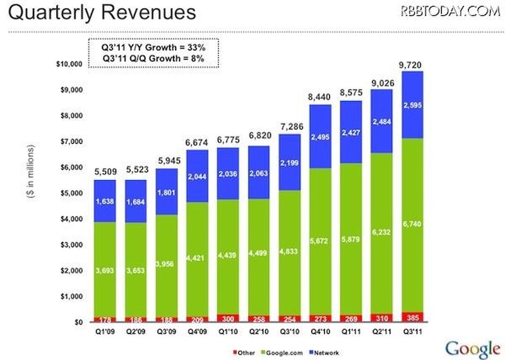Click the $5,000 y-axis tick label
[70, 193]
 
